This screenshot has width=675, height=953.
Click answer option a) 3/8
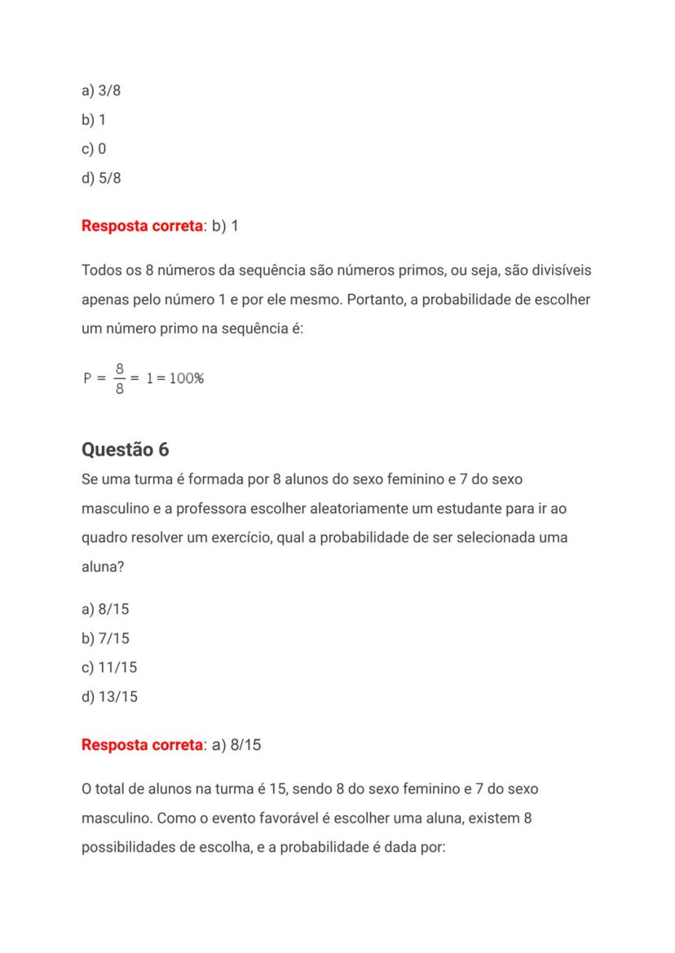(101, 90)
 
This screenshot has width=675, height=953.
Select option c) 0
(94, 148)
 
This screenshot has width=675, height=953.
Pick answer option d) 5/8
(101, 178)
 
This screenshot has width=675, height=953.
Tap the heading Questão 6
(126, 449)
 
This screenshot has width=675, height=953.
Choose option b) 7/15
(105, 638)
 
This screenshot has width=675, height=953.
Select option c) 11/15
(109, 668)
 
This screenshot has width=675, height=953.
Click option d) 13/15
(109, 696)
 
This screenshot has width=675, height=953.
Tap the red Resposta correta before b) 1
(142, 225)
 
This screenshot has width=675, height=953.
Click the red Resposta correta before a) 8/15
(142, 745)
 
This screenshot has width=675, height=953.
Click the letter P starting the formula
(87, 379)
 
